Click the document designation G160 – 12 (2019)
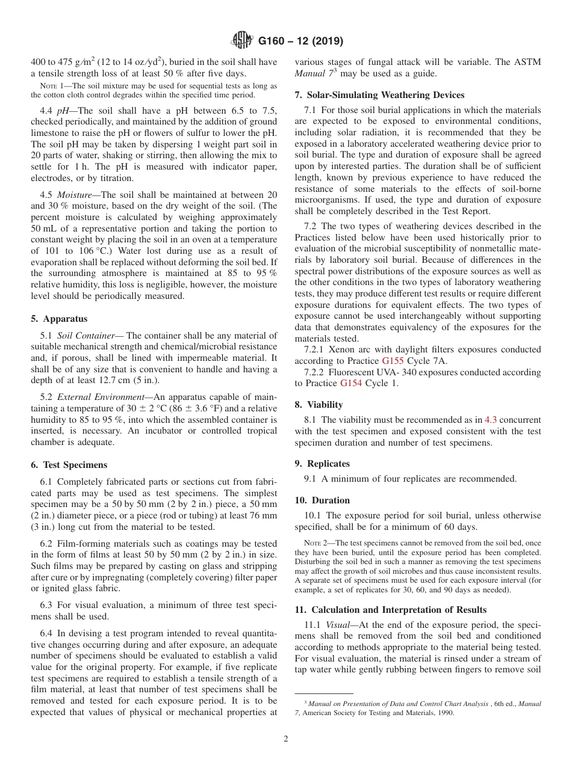click(x=300, y=41)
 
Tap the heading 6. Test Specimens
click(x=69, y=464)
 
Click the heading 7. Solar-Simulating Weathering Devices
click(x=379, y=95)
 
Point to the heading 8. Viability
click(x=319, y=405)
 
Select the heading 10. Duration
click(x=322, y=500)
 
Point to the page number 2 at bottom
click(x=286, y=739)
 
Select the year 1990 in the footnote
click(x=444, y=713)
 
